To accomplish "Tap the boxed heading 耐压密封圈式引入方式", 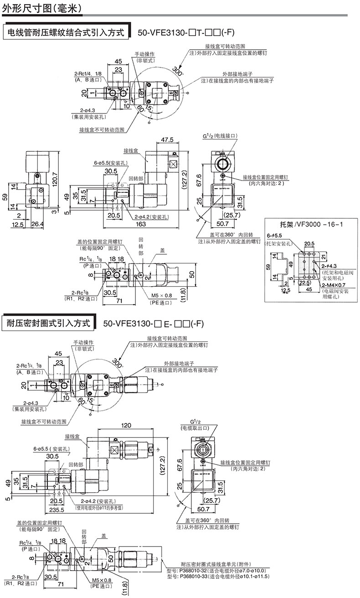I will (x=50, y=324).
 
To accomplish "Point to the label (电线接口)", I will (x=226, y=136).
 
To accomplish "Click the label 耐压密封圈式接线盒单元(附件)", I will (x=212, y=564).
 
